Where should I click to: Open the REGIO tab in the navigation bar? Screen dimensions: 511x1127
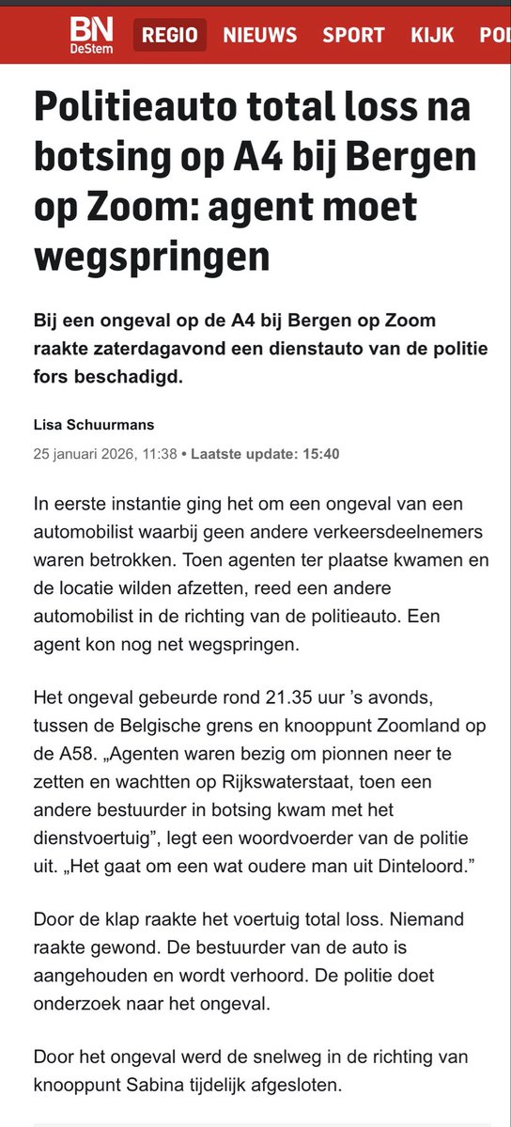click(x=170, y=36)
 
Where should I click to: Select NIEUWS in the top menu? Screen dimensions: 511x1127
click(x=259, y=36)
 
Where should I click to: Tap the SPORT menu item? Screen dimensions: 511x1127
click(x=353, y=36)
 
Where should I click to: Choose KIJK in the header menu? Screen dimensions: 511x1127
click(x=432, y=36)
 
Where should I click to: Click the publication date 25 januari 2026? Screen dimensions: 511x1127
click(x=84, y=454)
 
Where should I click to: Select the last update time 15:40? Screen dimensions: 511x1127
click(x=320, y=454)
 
